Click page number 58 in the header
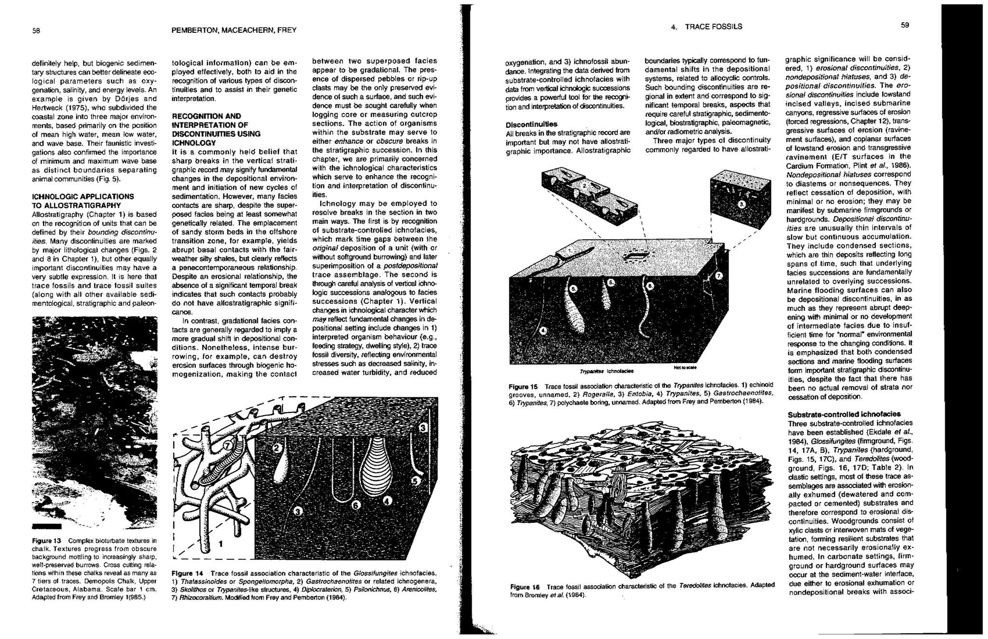(x=36, y=30)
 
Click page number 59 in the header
(x=905, y=25)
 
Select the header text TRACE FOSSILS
(x=713, y=27)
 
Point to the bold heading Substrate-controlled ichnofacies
(x=844, y=414)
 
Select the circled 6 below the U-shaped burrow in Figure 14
(x=356, y=505)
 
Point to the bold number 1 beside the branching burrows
(x=221, y=544)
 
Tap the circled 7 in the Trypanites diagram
(x=718, y=276)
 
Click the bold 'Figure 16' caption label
(x=525, y=586)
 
